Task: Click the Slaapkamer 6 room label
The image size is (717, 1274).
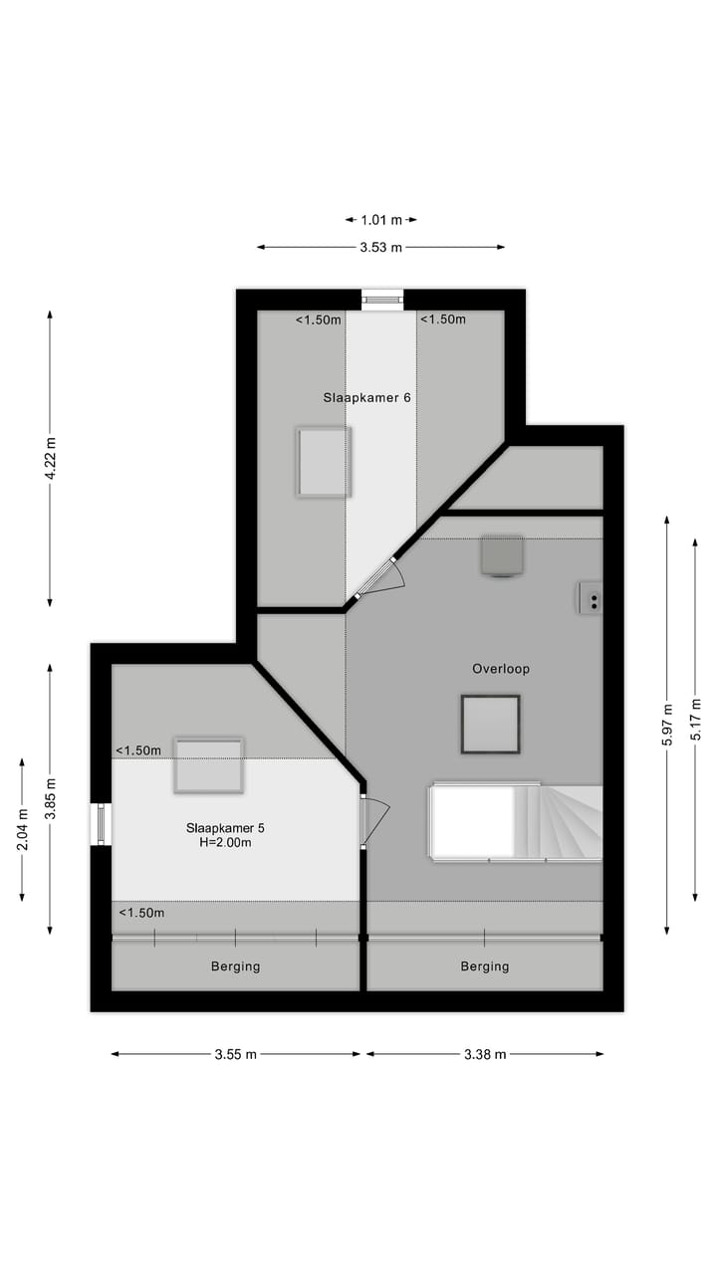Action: click(x=366, y=397)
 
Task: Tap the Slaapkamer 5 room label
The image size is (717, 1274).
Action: click(x=225, y=827)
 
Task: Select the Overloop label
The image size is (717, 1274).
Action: click(x=501, y=669)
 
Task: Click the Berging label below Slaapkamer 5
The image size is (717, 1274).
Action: click(x=235, y=966)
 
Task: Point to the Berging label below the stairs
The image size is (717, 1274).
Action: click(x=485, y=966)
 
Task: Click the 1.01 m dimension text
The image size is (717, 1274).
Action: click(x=381, y=220)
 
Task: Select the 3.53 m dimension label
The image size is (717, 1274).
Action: click(x=381, y=248)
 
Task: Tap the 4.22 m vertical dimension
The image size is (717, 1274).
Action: click(x=50, y=458)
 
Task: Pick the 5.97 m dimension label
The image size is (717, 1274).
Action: click(x=667, y=725)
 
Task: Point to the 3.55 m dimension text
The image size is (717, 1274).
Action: click(x=236, y=1054)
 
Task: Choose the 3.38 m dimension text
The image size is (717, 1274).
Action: click(x=485, y=1054)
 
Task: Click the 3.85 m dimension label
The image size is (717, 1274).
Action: click(x=50, y=798)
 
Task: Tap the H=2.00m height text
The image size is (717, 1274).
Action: click(x=225, y=843)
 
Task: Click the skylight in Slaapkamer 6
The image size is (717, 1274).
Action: click(x=324, y=462)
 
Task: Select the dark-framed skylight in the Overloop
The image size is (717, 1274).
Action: click(x=490, y=724)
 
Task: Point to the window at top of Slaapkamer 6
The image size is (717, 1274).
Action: click(x=382, y=299)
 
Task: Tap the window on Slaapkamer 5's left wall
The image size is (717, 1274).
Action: click(x=100, y=824)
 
